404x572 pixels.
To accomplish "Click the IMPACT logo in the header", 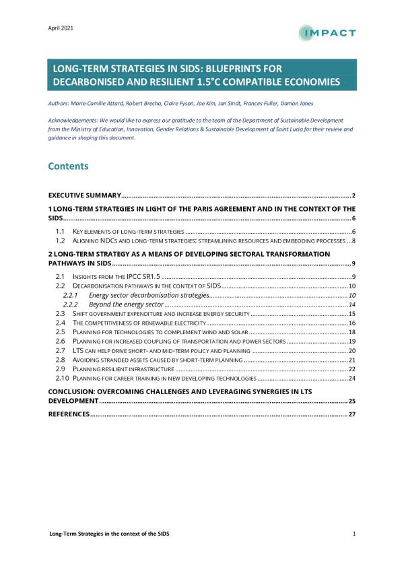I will tap(328, 32).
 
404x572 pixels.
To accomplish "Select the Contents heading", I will tap(68, 166).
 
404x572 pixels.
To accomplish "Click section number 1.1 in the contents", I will tap(59, 231).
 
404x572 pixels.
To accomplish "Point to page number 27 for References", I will tap(351, 414).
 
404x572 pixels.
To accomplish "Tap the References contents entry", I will tap(69, 414).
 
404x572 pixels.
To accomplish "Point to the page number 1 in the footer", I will tap(353, 534).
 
